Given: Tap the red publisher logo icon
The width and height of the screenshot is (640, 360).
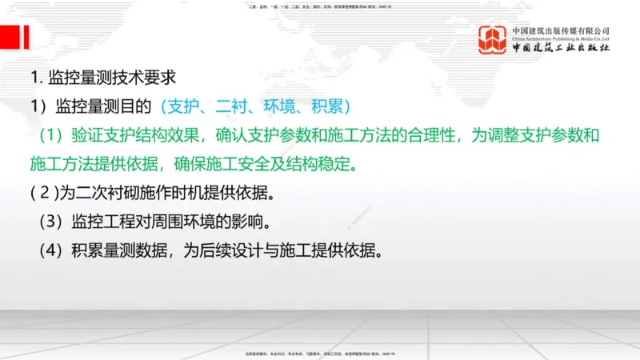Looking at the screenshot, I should coord(493,40).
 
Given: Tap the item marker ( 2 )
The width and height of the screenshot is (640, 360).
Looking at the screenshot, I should coord(46,194).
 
